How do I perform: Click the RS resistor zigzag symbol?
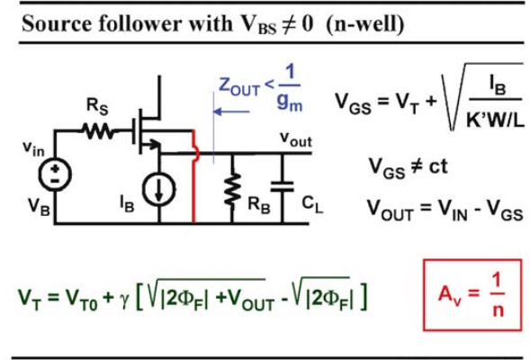pyautogui.click(x=97, y=130)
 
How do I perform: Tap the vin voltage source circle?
pyautogui.click(x=55, y=175)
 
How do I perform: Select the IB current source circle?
pyautogui.click(x=159, y=189)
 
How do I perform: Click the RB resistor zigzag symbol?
pyautogui.click(x=232, y=189)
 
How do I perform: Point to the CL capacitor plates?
pyautogui.click(x=283, y=186)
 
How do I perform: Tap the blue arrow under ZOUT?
pyautogui.click(x=231, y=112)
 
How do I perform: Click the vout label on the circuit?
pyautogui.click(x=296, y=139)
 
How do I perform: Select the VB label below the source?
pyautogui.click(x=39, y=206)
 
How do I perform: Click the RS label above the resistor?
pyautogui.click(x=97, y=106)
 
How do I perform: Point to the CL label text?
pyautogui.click(x=312, y=204)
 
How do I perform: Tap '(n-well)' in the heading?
pyautogui.click(x=365, y=24)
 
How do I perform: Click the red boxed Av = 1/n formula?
pyautogui.click(x=472, y=295)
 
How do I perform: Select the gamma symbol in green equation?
pyautogui.click(x=124, y=301)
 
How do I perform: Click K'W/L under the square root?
pyautogui.click(x=495, y=119)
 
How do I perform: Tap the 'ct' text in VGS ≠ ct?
pyautogui.click(x=438, y=166)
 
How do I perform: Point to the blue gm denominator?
pyautogui.click(x=290, y=102)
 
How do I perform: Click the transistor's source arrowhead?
pyautogui.click(x=156, y=145)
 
